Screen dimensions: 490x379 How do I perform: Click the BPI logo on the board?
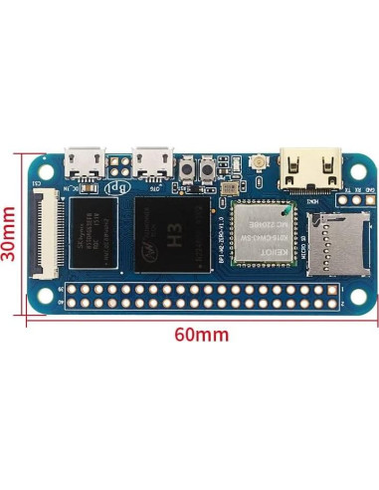coord(117,184)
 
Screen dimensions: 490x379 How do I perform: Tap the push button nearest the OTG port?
coord(190,178)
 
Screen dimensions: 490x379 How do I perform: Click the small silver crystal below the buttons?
coord(228,186)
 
